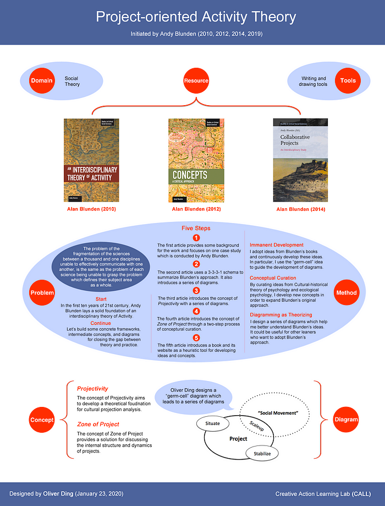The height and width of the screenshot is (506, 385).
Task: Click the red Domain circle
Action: [41, 81]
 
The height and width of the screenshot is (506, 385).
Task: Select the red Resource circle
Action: [196, 81]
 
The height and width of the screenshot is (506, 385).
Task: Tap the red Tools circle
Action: [348, 81]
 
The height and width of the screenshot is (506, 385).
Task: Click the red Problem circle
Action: [41, 292]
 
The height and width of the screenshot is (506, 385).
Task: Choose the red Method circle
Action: [347, 292]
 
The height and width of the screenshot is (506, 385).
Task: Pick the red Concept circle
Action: [42, 420]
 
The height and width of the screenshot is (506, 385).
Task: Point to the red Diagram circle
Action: [345, 420]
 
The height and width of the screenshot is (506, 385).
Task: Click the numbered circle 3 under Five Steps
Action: [195, 290]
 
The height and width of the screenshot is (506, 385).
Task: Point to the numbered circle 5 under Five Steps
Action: [195, 338]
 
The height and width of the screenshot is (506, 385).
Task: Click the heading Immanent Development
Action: [277, 244]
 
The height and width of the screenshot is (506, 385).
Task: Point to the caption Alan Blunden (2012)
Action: [195, 210]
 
